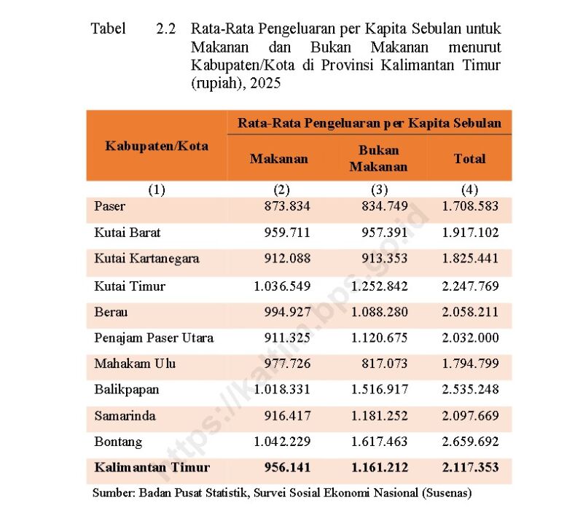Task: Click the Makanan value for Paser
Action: pyautogui.click(x=287, y=206)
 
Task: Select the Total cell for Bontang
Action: pyautogui.click(x=470, y=442)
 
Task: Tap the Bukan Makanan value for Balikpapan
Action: pyautogui.click(x=379, y=389)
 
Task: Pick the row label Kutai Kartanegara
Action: pyautogui.click(x=146, y=259)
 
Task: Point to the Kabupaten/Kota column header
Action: pyautogui.click(x=157, y=146)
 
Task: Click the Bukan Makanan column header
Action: pyautogui.click(x=378, y=158)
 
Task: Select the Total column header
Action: pyautogui.click(x=469, y=158)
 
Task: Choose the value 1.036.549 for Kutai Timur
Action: pyautogui.click(x=282, y=286)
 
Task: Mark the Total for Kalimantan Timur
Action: pyautogui.click(x=470, y=468)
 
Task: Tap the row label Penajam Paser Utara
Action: pyautogui.click(x=154, y=338)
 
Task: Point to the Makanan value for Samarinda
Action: pyautogui.click(x=287, y=415)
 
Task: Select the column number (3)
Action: pyautogui.click(x=378, y=190)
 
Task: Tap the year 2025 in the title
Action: pyautogui.click(x=266, y=84)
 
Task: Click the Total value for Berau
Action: pyautogui.click(x=470, y=312)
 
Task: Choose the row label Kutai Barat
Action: pyautogui.click(x=128, y=233)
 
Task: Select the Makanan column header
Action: pyautogui.click(x=279, y=158)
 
